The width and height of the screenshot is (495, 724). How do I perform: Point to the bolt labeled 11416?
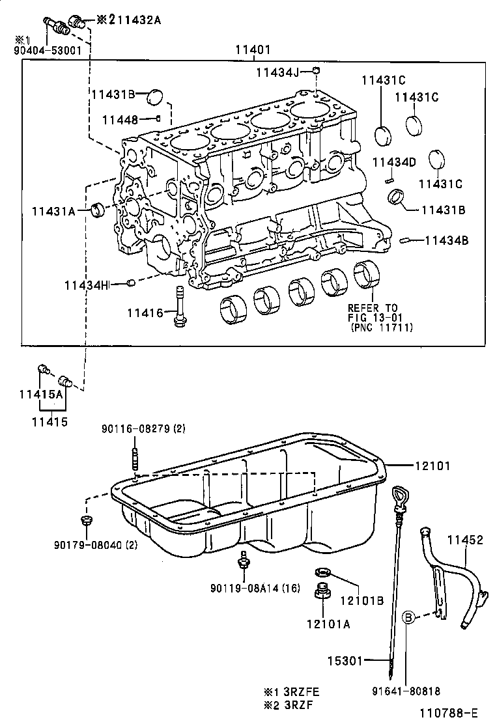pyautogui.click(x=180, y=306)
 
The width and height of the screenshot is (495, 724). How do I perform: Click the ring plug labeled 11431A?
pyautogui.click(x=100, y=210)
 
